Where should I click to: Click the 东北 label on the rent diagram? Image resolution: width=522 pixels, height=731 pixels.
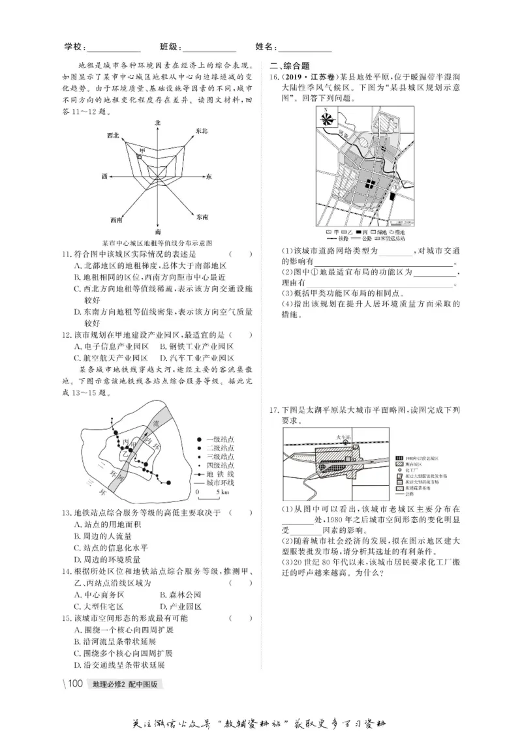point(201,131)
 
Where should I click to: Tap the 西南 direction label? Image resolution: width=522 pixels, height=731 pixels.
point(116,219)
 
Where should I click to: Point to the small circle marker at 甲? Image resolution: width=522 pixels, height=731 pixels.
point(139,157)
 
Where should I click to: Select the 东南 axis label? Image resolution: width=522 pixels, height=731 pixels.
point(202,216)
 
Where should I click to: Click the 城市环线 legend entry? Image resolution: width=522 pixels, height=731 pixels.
point(219,483)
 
